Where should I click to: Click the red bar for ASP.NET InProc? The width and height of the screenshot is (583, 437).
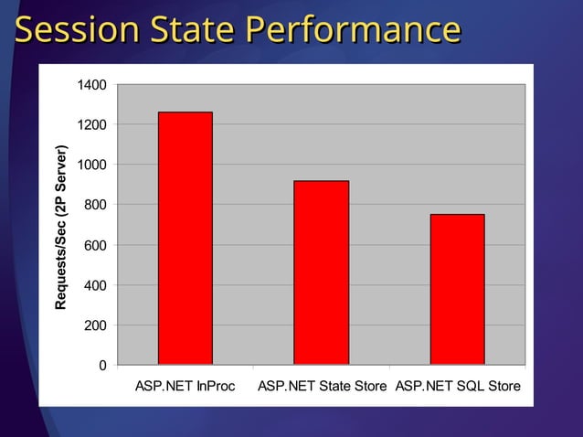click(185, 239)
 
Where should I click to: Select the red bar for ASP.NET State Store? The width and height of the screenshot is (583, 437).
click(321, 273)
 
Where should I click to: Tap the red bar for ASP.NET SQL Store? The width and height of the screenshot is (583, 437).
click(457, 290)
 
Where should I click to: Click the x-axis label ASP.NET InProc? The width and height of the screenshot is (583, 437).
click(185, 387)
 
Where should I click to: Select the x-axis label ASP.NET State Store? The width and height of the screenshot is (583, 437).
click(323, 387)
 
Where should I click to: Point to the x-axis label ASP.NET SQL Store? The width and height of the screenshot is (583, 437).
click(458, 387)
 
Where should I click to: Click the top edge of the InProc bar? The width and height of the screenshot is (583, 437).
click(185, 112)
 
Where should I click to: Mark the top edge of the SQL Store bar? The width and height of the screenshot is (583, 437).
click(457, 215)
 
